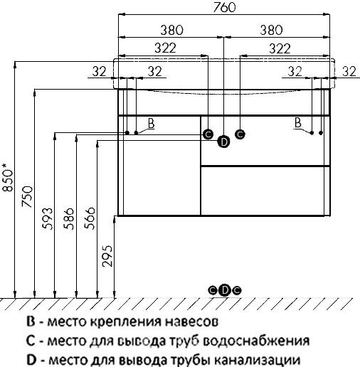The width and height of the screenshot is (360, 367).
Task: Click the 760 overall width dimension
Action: [224, 7]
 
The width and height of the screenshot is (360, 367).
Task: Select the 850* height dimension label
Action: [7, 177]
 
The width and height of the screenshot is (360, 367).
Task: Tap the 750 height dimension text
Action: [27, 196]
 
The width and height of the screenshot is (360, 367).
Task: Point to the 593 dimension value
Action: [47, 218]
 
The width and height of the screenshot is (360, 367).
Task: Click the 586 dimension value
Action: [68, 218]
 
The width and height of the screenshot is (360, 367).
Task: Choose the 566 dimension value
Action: [90, 218]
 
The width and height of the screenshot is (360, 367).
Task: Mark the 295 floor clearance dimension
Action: [107, 256]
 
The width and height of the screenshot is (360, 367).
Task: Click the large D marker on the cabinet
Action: [223, 142]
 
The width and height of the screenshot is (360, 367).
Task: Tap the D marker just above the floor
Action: [225, 290]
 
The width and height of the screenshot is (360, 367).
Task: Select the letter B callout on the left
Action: [151, 123]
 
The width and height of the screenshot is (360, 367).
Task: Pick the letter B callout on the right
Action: [298, 122]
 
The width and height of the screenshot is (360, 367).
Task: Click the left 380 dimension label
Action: [172, 30]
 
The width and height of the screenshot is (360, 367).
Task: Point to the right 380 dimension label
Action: [271, 30]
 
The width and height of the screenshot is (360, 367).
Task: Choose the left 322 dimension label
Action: [165, 48]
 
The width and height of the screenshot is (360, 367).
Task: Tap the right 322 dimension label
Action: [280, 48]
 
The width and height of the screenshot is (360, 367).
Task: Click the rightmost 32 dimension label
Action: [349, 71]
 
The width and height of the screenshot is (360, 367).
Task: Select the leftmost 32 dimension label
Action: [99, 71]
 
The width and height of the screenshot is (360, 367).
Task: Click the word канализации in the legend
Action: [258, 360]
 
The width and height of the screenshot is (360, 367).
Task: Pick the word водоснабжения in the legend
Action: [256, 341]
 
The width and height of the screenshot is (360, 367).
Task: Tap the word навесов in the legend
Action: [191, 321]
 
